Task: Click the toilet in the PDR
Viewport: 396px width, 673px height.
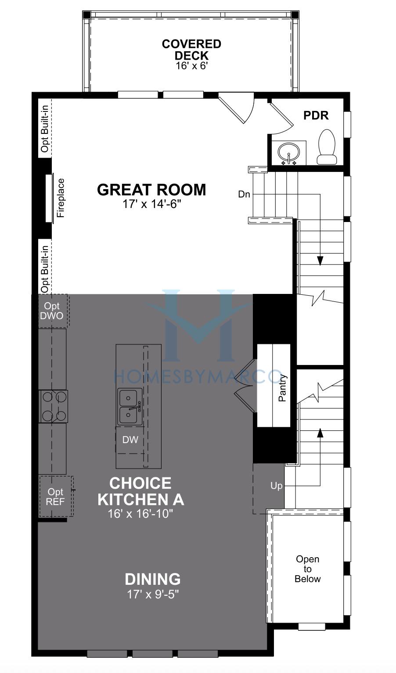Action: (327, 147)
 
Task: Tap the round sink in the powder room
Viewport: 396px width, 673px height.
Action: (288, 152)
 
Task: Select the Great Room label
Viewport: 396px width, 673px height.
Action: (151, 190)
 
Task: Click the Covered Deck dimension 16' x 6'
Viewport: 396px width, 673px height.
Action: (192, 66)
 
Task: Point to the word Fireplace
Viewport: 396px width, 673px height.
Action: (61, 198)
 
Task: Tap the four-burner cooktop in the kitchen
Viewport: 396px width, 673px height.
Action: (54, 407)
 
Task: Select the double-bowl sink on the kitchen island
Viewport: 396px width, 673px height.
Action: (130, 407)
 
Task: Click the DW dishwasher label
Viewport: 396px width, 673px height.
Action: (130, 440)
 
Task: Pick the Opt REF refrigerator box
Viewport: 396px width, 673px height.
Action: (56, 496)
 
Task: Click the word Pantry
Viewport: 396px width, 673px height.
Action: (282, 388)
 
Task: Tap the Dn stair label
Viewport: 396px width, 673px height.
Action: (244, 194)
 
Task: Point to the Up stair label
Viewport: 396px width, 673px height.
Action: (276, 486)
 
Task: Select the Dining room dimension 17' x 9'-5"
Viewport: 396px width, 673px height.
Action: (153, 594)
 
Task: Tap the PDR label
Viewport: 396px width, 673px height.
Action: (316, 115)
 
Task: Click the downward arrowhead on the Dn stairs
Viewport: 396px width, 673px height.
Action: (320, 261)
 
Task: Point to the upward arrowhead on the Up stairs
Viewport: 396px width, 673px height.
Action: (320, 433)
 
